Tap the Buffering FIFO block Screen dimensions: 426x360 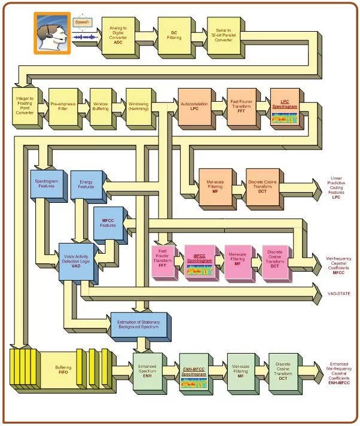click(x=63, y=369)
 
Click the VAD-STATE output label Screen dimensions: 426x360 click(x=338, y=294)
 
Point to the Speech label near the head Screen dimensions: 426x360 click(x=82, y=22)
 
